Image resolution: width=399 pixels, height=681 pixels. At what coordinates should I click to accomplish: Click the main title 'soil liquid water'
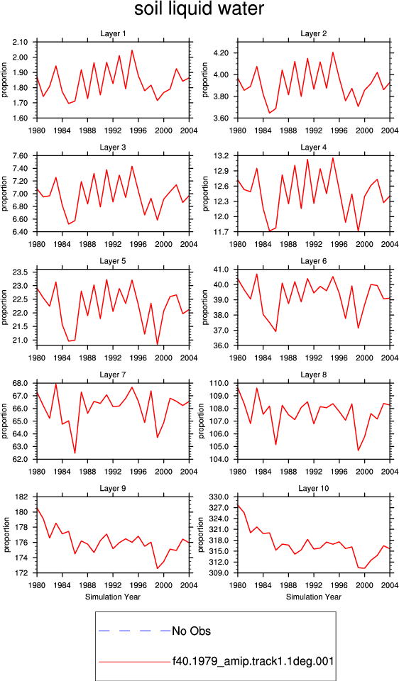(199, 9)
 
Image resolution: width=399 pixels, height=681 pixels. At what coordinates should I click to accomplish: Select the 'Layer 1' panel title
(113, 33)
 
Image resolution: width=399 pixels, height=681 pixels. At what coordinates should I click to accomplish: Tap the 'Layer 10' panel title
(313, 489)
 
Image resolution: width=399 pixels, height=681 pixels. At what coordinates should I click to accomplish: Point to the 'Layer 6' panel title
(313, 261)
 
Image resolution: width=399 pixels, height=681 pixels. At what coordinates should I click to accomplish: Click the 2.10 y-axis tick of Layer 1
(21, 42)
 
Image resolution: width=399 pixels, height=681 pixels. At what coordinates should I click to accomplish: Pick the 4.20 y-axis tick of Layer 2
(222, 53)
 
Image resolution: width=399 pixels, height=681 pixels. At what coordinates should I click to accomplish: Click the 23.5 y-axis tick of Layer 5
(21, 272)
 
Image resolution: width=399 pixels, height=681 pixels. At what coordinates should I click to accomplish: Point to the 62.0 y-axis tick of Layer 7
(21, 459)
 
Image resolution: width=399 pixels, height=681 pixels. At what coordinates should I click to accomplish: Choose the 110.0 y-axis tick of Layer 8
(220, 384)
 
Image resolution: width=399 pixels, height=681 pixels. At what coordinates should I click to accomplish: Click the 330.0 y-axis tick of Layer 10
(220, 497)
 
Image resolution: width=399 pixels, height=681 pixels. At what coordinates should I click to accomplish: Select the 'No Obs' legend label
(191, 631)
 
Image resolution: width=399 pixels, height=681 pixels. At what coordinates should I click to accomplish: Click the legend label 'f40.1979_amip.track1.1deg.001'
(253, 662)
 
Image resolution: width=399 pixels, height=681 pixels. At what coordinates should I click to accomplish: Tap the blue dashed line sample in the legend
(135, 631)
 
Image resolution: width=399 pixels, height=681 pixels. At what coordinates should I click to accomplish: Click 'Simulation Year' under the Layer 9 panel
(113, 597)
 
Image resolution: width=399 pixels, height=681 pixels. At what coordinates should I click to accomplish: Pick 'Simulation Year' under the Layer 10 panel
(313, 597)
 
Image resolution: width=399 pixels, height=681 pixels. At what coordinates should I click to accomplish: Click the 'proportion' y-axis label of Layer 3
(4, 194)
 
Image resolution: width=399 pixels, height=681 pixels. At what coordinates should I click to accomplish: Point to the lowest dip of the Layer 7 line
(75, 453)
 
